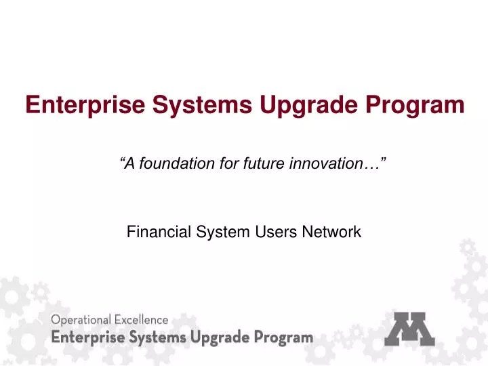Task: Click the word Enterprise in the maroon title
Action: (74, 105)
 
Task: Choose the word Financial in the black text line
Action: (153, 232)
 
